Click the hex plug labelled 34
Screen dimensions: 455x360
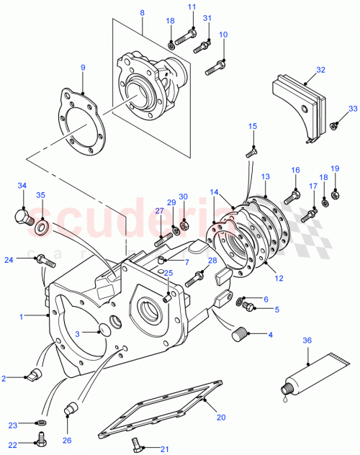click(x=21, y=215)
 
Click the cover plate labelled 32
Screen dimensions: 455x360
click(x=298, y=102)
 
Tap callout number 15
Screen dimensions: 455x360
click(x=252, y=127)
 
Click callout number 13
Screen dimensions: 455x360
click(x=266, y=176)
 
